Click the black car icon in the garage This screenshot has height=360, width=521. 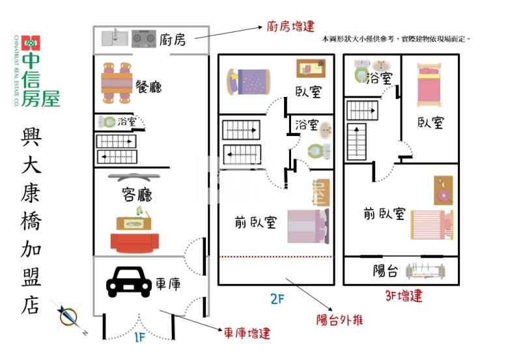[x=128, y=283]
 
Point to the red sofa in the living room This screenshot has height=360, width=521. [x=135, y=243]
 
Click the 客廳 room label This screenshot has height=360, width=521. [x=137, y=194]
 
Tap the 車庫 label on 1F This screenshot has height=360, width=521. [x=167, y=284]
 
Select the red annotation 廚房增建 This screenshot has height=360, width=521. [x=290, y=27]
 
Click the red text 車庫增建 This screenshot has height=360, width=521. [x=247, y=333]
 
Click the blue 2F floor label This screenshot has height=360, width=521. [x=277, y=299]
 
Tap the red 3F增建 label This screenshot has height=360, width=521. [x=403, y=296]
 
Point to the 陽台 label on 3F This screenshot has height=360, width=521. [x=386, y=271]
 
